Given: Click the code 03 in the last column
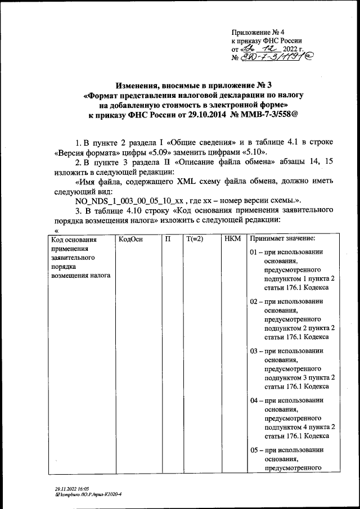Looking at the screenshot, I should [254, 350].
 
